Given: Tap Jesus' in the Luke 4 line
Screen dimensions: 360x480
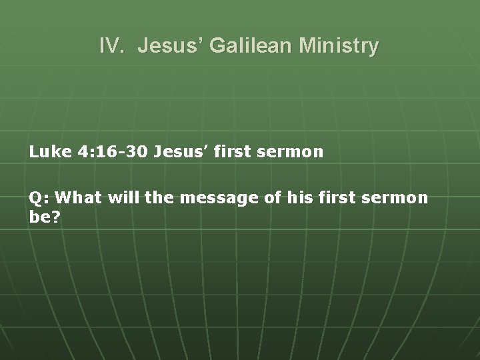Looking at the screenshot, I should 179,152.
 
